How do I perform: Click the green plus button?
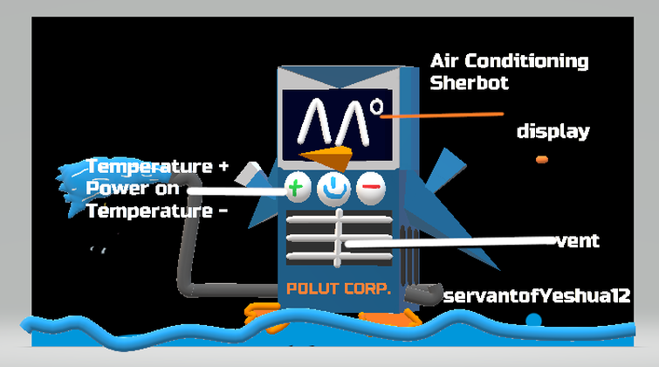pos(297,187)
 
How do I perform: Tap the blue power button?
pos(333,187)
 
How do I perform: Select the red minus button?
pos(370,187)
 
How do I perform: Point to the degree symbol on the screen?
pos(376,108)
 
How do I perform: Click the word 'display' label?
pos(553,132)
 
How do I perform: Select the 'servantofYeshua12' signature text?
pos(537,296)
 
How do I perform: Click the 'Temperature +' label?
pos(157,166)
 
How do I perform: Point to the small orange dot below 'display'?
pos(542,159)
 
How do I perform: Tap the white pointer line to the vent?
pos(454,242)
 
